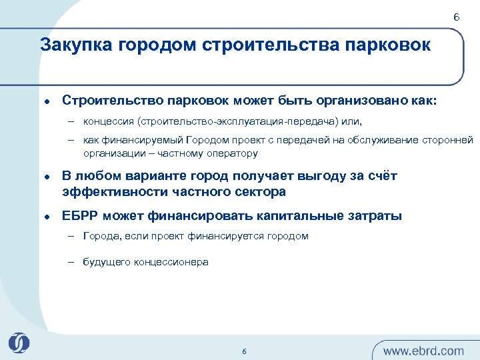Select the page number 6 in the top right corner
pos(456,17)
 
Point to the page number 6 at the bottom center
pos(244,351)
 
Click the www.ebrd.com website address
pos(424,351)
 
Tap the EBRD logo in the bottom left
pos(19,343)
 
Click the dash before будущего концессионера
pos(70,262)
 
